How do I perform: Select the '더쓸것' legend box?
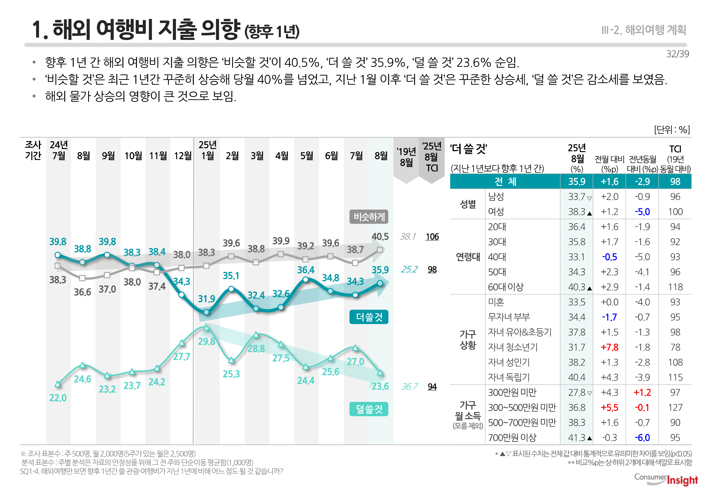(x=369, y=317)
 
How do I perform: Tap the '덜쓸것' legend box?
(x=369, y=409)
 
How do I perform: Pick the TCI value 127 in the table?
(x=675, y=408)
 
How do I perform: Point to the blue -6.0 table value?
(x=642, y=437)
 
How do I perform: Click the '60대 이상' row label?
(x=506, y=287)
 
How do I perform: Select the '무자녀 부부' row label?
(x=509, y=317)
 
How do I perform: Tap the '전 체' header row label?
(x=505, y=182)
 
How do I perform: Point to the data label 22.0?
(x=58, y=398)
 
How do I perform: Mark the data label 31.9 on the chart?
(x=206, y=299)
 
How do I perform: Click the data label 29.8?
(x=206, y=342)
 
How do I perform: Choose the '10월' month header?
(x=133, y=156)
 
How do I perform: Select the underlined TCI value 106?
(x=432, y=237)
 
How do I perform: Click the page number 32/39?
(x=677, y=54)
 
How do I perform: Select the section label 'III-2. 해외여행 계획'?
(x=644, y=30)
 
